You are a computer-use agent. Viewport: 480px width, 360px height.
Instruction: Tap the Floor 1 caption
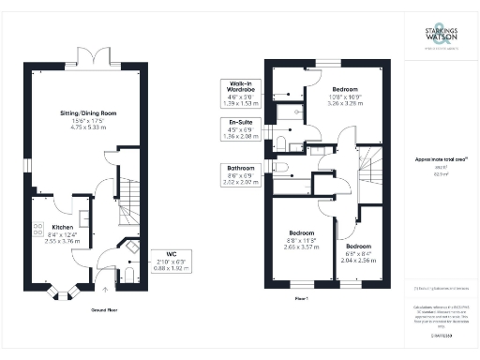coord(301,297)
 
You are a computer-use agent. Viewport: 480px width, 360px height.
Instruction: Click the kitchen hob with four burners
coord(39,227)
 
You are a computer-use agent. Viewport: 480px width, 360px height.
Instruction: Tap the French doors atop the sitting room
coord(90,58)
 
